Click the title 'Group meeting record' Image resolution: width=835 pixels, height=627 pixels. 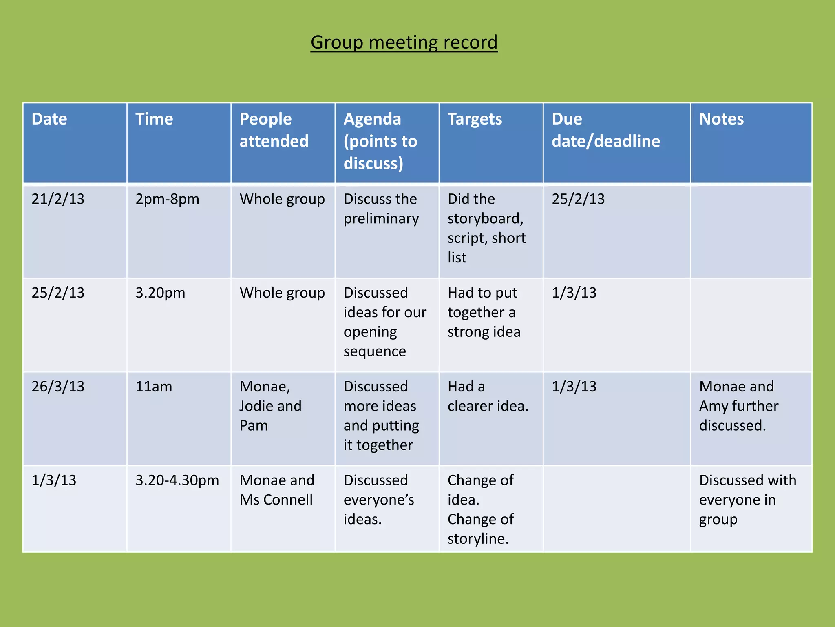point(404,42)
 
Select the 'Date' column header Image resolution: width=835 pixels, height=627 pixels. point(49,119)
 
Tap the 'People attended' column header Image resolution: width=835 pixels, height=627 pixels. point(274,130)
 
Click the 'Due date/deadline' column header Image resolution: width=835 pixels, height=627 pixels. point(605,130)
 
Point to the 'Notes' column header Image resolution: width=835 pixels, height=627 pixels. point(721,119)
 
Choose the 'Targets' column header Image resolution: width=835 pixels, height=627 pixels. point(475,119)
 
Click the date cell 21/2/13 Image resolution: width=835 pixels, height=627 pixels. point(58,199)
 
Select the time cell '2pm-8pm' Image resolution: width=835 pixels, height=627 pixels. point(167,199)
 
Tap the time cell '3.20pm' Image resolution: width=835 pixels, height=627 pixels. point(160,293)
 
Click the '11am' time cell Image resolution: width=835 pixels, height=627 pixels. point(154,387)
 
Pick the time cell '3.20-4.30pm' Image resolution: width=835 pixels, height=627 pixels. point(177,480)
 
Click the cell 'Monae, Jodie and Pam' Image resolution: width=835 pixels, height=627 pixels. point(270,406)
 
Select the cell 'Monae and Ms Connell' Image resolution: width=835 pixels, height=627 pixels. point(277,490)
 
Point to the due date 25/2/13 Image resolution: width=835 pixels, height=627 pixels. point(578,199)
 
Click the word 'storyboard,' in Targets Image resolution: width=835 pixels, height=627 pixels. point(485,219)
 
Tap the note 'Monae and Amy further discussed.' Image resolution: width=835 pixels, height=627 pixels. point(738,406)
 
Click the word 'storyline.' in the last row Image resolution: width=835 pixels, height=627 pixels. point(478,539)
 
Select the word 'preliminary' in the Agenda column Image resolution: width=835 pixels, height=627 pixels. point(381,219)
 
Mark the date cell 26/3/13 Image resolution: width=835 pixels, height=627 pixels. point(58,387)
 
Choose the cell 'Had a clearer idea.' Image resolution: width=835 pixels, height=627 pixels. point(488,396)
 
